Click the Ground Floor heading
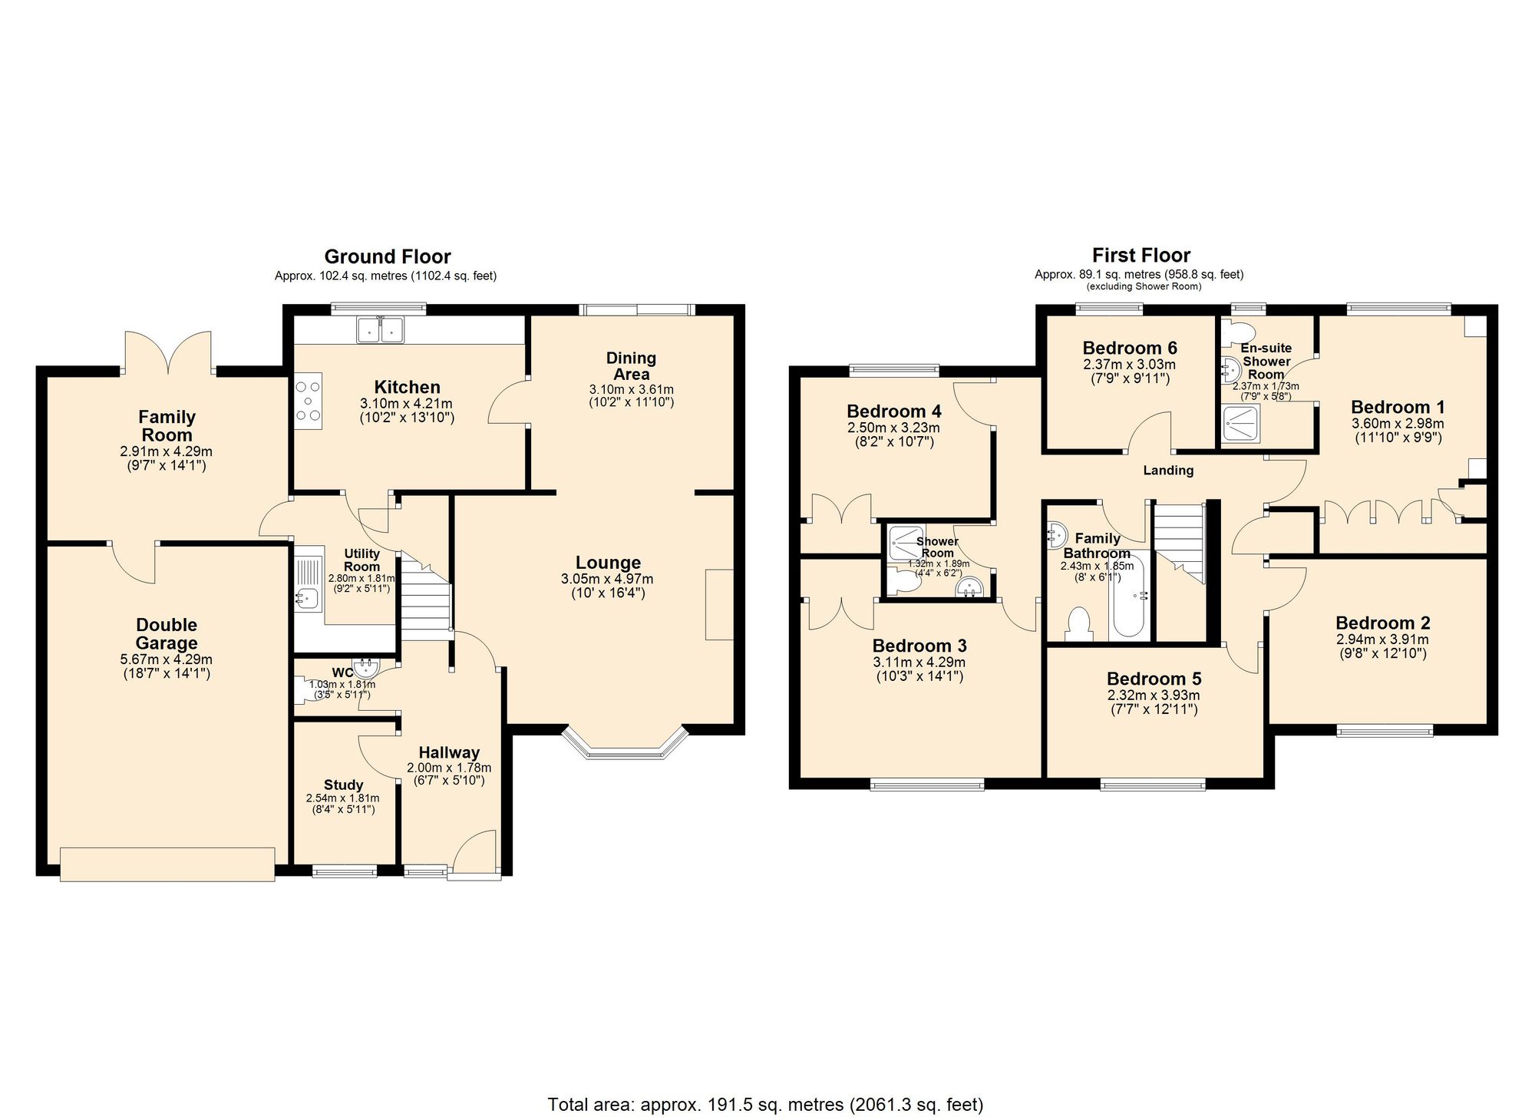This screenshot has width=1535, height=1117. tap(387, 256)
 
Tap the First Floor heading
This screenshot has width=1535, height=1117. tap(1141, 255)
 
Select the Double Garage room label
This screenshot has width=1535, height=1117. tap(167, 634)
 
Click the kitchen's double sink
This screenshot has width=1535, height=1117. tap(380, 329)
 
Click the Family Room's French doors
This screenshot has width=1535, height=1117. tap(168, 354)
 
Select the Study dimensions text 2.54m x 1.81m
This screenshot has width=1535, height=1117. tap(342, 798)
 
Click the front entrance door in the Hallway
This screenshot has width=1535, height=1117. tap(476, 852)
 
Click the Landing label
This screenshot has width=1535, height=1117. tap(1168, 471)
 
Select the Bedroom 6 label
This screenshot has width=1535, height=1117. tap(1130, 349)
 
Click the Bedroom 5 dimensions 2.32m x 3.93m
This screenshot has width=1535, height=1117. tap(1153, 696)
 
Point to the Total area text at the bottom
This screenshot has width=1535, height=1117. tap(764, 1105)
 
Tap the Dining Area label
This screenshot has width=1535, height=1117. tap(631, 366)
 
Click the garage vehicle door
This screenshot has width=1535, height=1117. tap(167, 864)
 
